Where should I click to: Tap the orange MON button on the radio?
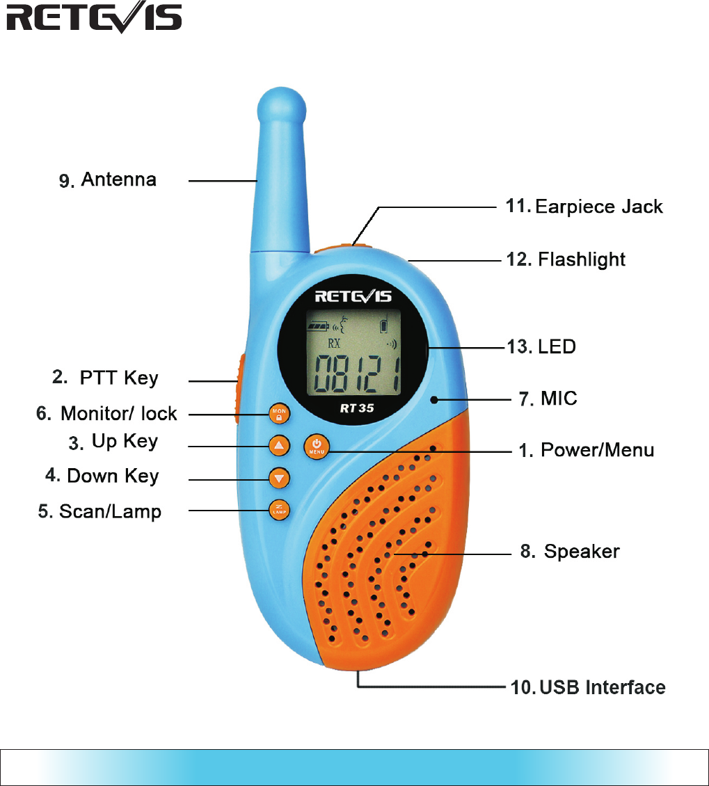[x=279, y=414]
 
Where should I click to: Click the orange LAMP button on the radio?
[x=279, y=510]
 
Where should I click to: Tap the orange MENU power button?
[x=316, y=446]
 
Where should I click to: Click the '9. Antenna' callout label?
[x=107, y=180]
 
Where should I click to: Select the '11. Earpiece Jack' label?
[x=584, y=207]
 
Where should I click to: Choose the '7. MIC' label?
[x=549, y=399]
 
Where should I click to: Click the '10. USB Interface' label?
[x=588, y=687]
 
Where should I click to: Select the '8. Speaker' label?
[x=570, y=552]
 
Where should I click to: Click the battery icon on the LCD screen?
[x=321, y=324]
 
